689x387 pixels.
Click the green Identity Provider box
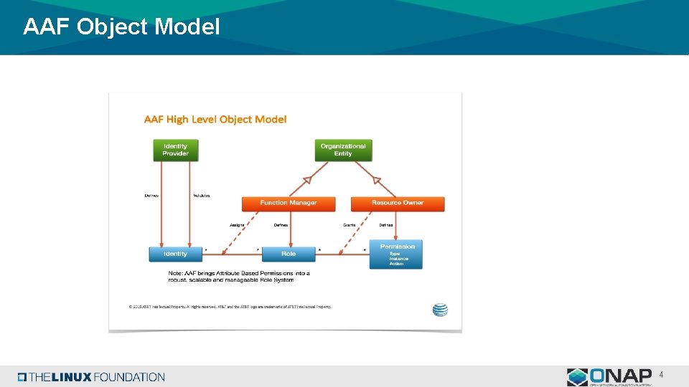175,150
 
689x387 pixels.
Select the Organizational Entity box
343,150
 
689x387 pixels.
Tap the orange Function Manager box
288,203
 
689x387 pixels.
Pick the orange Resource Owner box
398,203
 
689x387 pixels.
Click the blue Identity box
175,254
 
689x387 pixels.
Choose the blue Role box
289,254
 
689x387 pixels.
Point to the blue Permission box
396,254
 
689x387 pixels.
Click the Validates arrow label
201,196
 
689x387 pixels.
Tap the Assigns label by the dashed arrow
237,225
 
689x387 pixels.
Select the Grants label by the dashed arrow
350,225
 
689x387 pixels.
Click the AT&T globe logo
440,310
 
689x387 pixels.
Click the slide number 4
661,375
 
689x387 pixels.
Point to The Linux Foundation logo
91,377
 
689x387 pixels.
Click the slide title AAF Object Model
121,27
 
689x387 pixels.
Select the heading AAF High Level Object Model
215,119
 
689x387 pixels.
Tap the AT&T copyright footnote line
230,307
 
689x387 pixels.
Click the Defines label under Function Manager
281,225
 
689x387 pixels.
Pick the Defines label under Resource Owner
386,225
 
